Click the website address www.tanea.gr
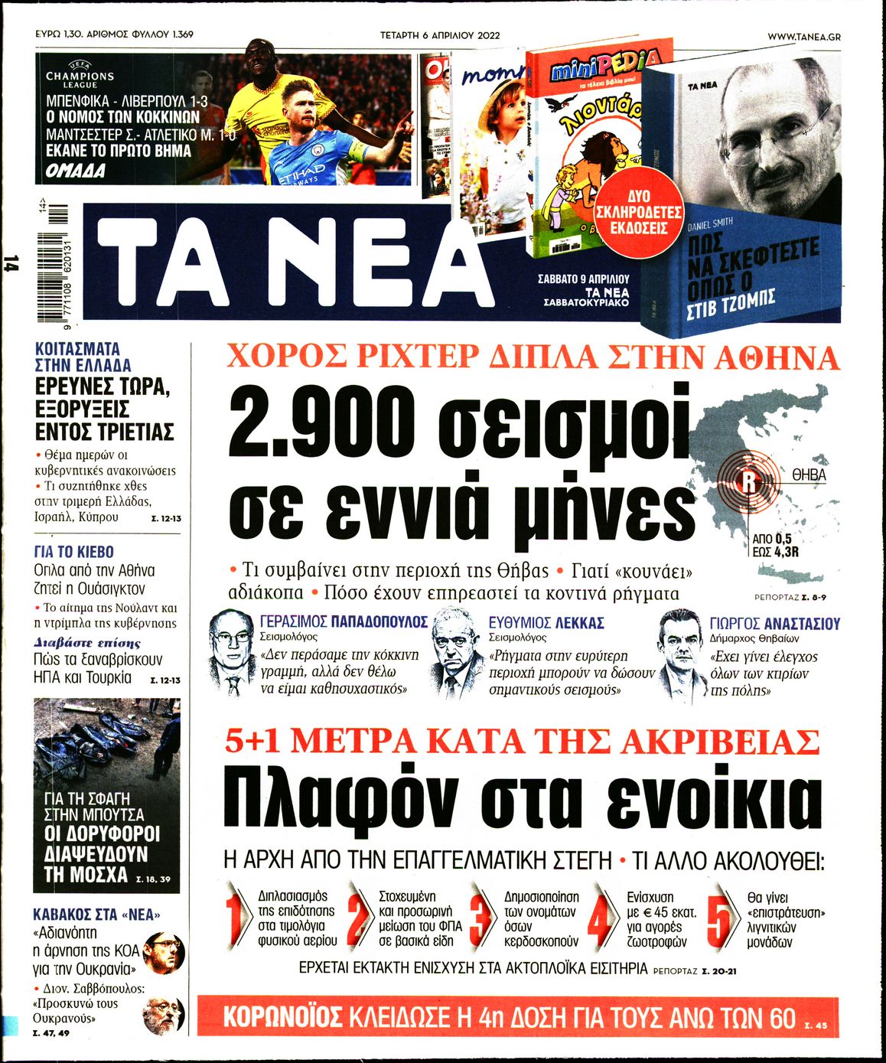point(803,36)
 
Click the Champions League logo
point(80,75)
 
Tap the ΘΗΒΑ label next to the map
point(809,474)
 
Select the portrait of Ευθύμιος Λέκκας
point(458,651)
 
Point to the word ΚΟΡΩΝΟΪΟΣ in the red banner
point(282,1018)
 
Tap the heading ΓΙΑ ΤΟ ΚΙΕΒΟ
point(73,552)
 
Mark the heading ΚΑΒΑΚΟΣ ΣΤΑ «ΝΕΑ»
point(97,914)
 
